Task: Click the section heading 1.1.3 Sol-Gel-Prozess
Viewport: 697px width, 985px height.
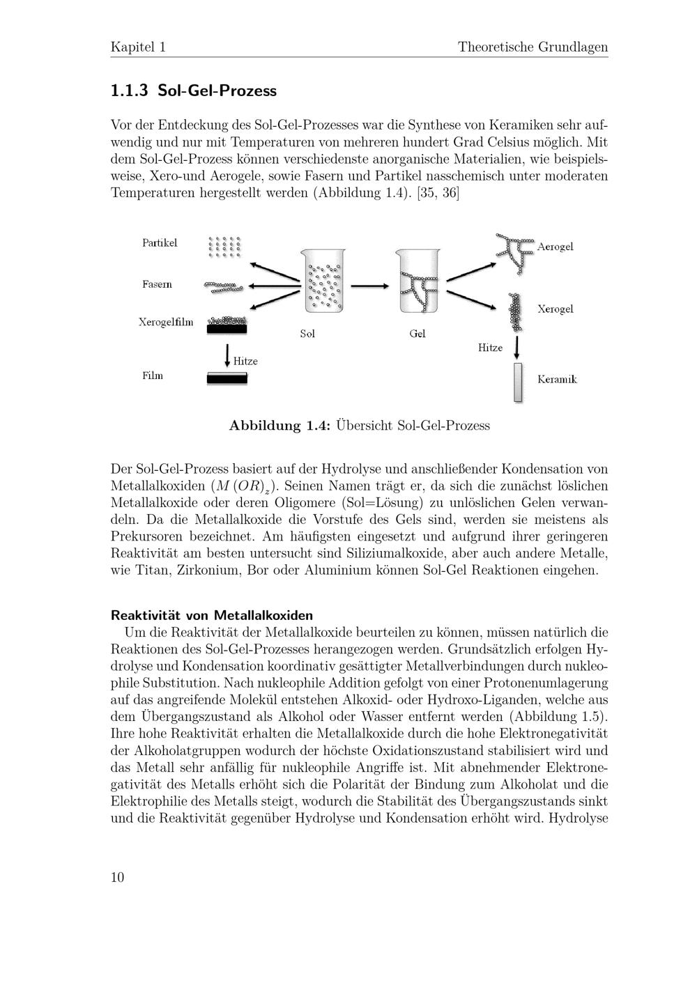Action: pos(194,91)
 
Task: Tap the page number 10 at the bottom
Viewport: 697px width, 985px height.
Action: pos(117,877)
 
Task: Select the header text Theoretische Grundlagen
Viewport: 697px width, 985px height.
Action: pos(533,47)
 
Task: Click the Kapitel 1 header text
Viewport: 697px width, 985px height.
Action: pos(138,47)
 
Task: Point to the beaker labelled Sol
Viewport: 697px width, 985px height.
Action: pos(324,281)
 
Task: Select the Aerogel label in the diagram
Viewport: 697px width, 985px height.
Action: pos(556,247)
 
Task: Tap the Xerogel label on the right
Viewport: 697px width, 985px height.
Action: pos(556,309)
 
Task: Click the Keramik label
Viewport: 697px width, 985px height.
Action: pos(557,379)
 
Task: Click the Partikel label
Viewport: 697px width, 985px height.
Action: pos(160,242)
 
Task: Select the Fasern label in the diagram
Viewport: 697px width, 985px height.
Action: pos(157,284)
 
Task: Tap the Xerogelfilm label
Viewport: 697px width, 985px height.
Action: pos(166,322)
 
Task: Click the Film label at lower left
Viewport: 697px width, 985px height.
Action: pos(153,375)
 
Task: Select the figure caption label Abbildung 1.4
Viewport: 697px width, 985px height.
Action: pos(279,425)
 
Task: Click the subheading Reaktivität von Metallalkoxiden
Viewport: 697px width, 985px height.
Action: pos(212,615)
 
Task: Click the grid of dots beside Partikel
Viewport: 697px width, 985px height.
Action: pos(224,246)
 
